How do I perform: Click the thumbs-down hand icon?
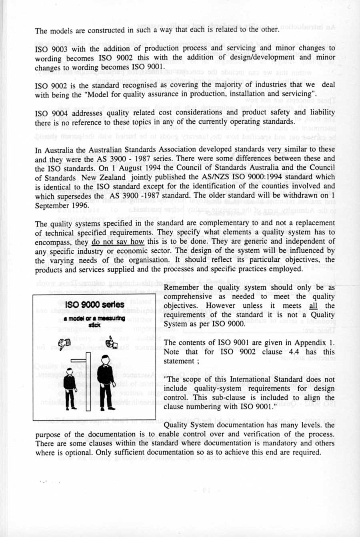64,343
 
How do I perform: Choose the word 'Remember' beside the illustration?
181,287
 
